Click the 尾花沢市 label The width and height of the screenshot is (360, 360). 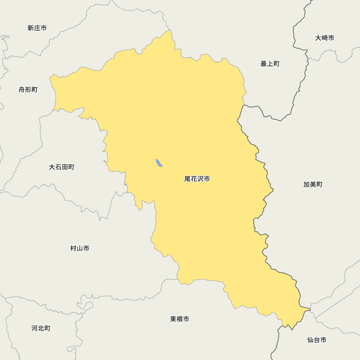coord(197,179)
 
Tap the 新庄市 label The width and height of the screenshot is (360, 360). coord(37,28)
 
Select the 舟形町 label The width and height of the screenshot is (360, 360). coord(28,90)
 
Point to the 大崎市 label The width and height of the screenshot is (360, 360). coord(325,38)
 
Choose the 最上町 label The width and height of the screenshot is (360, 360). coord(270,64)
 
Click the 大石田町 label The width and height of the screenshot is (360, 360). coord(62,167)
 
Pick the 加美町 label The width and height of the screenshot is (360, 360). coord(313,184)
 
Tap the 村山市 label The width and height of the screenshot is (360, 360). coord(80,248)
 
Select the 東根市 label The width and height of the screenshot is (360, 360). coord(180,319)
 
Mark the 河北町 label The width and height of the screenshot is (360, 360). coord(41,328)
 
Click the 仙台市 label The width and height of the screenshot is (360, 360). coord(317,340)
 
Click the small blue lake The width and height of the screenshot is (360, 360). coord(158,163)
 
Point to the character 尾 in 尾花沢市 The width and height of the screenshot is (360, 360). coord(188,179)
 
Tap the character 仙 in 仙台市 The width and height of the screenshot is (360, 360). coord(310,340)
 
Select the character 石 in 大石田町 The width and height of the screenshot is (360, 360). coord(58,167)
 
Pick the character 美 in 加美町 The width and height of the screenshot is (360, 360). coord(313,184)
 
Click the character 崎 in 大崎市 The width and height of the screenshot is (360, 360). coord(325,38)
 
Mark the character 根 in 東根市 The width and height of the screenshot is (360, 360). coord(180,319)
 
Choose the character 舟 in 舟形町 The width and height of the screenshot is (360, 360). coord(22,90)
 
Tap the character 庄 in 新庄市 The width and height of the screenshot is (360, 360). coord(37,28)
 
